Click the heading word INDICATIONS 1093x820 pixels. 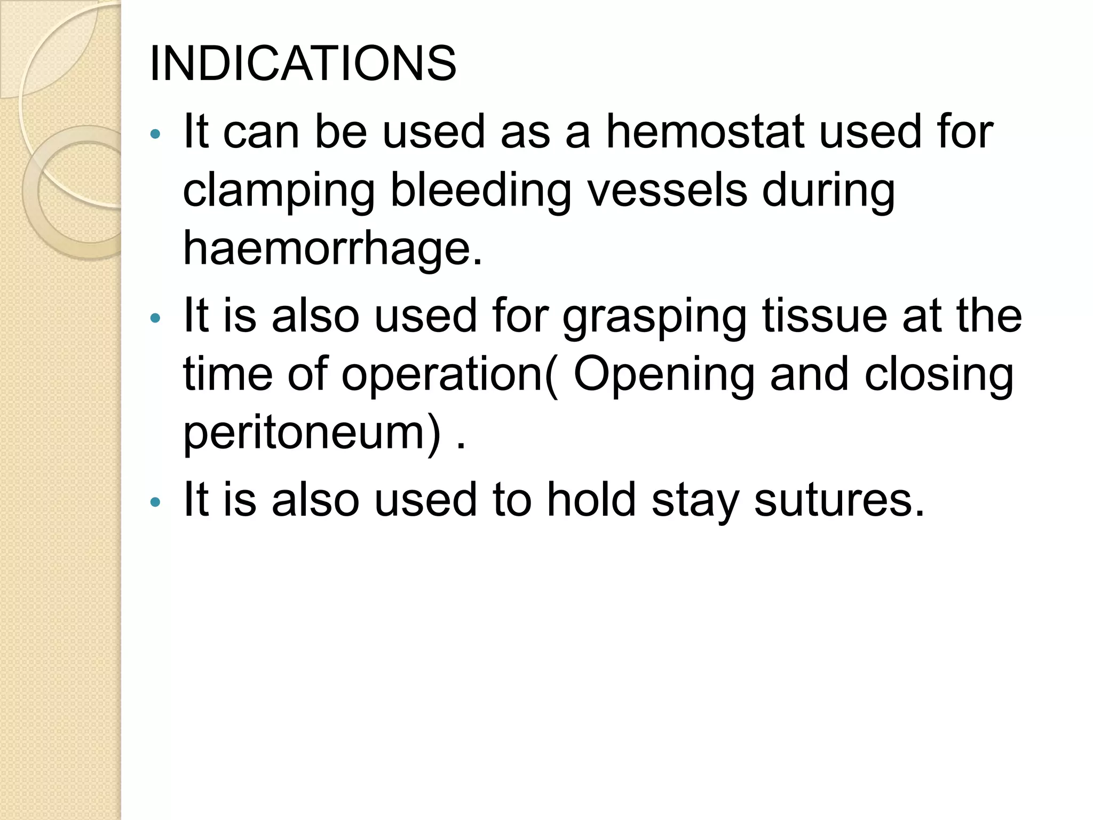pyautogui.click(x=303, y=64)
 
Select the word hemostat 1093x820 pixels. pyautogui.click(x=705, y=131)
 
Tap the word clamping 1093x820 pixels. pyautogui.click(x=279, y=191)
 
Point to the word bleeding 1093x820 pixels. pyautogui.click(x=480, y=191)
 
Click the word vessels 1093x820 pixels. pyautogui.click(x=667, y=190)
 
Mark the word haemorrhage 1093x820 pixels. pyautogui.click(x=332, y=249)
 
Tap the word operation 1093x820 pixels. pyautogui.click(x=442, y=375)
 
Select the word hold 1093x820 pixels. pyautogui.click(x=592, y=500)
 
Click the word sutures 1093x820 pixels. pyautogui.click(x=838, y=500)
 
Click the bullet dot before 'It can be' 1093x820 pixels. pyautogui.click(x=155, y=134)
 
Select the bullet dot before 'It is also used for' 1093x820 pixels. pyautogui.click(x=155, y=319)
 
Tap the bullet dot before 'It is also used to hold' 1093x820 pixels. pyautogui.click(x=155, y=502)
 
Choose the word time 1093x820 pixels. pyautogui.click(x=228, y=375)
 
